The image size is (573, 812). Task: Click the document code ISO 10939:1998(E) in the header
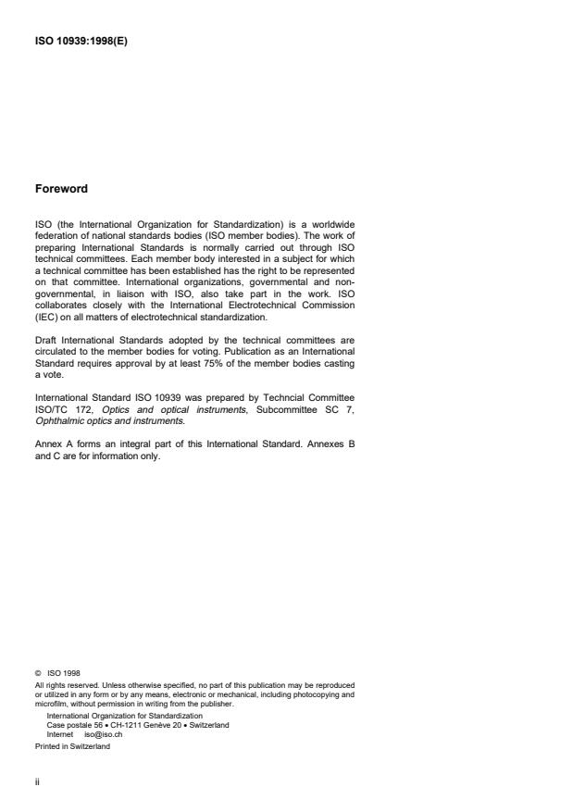tap(81, 40)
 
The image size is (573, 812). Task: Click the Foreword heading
tap(61, 189)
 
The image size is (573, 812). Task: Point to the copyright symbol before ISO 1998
tap(38, 674)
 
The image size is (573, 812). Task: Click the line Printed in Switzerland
tap(73, 746)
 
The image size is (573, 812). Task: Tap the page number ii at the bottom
tap(38, 781)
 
